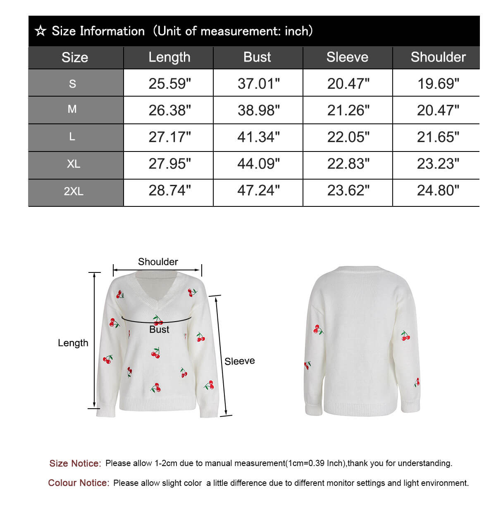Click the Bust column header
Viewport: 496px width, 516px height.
(257, 57)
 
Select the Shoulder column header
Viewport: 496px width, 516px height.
(438, 57)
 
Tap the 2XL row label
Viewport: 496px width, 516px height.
(74, 191)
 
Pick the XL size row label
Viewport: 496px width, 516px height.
(74, 164)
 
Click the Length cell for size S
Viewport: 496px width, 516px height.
(169, 83)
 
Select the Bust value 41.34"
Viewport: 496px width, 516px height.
(258, 137)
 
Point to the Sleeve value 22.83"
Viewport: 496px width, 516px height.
(348, 164)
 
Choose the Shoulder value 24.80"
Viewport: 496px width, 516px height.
(438, 191)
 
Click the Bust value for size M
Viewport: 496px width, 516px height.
(258, 110)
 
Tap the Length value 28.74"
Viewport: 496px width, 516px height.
(169, 191)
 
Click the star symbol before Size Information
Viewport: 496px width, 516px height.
(40, 31)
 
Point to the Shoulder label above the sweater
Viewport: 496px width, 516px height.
(158, 262)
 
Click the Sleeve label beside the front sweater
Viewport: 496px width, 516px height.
(239, 361)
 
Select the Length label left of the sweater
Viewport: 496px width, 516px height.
(73, 343)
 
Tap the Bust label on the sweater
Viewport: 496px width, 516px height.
(159, 329)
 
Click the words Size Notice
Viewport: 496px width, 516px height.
(75, 464)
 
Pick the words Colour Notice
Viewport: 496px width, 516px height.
(79, 483)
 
